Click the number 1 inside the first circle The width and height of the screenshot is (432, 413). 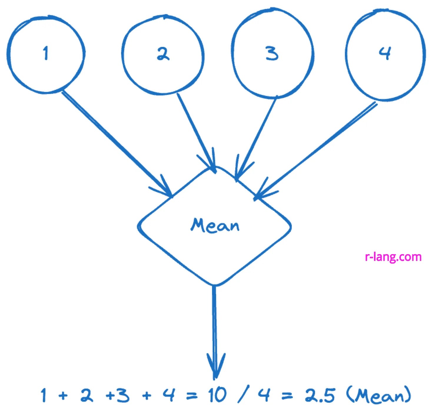coord(45,53)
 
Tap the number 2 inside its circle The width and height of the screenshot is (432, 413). coord(163,54)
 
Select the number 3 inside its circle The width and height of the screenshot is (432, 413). coord(272,54)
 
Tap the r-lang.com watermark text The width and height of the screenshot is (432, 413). coord(393,257)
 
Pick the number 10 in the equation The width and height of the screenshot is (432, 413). coord(218,395)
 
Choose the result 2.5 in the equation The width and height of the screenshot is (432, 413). coord(320,395)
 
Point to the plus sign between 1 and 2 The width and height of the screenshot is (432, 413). coord(63,396)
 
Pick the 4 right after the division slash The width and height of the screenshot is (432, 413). coord(264,395)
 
